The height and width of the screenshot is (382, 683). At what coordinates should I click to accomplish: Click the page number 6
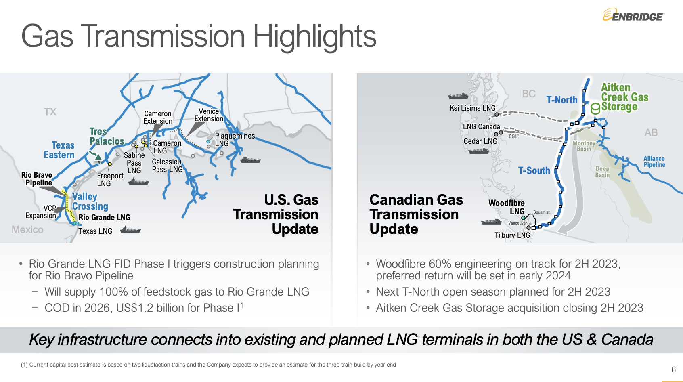point(673,369)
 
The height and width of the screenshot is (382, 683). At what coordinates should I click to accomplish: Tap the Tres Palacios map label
point(107,136)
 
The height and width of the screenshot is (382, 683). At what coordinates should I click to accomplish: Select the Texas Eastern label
point(59,150)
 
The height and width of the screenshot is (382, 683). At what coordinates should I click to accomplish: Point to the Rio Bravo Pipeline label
point(37,179)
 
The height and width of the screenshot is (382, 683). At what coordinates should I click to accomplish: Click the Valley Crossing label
point(90,201)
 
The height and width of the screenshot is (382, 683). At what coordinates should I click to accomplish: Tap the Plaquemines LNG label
point(235,140)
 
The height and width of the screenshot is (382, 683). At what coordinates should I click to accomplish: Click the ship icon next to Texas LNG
point(130,231)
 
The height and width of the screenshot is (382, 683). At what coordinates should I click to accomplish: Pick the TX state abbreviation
point(50,112)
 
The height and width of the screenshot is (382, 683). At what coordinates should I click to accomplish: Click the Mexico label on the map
point(27,230)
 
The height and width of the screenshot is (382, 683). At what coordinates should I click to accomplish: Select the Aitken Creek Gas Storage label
point(624,97)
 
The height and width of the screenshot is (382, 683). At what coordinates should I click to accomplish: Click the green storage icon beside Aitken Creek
point(595,109)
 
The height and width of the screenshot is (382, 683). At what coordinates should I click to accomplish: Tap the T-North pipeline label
point(562,100)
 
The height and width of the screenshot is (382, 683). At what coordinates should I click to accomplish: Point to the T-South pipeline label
point(534,171)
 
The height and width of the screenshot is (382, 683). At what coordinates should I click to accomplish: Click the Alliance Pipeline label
point(654,162)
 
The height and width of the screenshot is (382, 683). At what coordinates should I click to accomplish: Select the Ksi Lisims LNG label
point(473,108)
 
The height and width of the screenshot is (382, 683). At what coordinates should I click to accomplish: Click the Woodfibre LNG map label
point(507,207)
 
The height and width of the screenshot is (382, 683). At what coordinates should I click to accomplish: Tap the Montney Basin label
point(584,146)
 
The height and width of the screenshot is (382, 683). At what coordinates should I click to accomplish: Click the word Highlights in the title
point(314,37)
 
